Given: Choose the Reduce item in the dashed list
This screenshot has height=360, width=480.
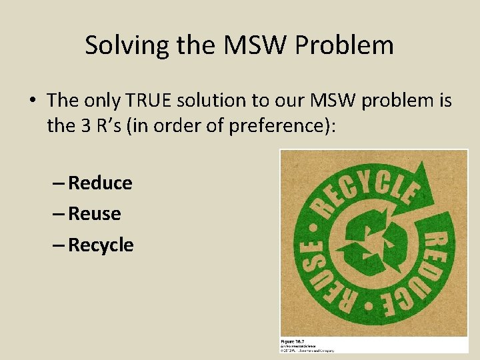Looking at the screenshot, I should click(x=100, y=183).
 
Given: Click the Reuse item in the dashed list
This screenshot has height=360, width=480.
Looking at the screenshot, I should click(x=94, y=214).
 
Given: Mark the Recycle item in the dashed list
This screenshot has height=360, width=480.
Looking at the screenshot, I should click(x=101, y=245).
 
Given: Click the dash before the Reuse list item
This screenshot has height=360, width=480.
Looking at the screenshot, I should click(x=58, y=214).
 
